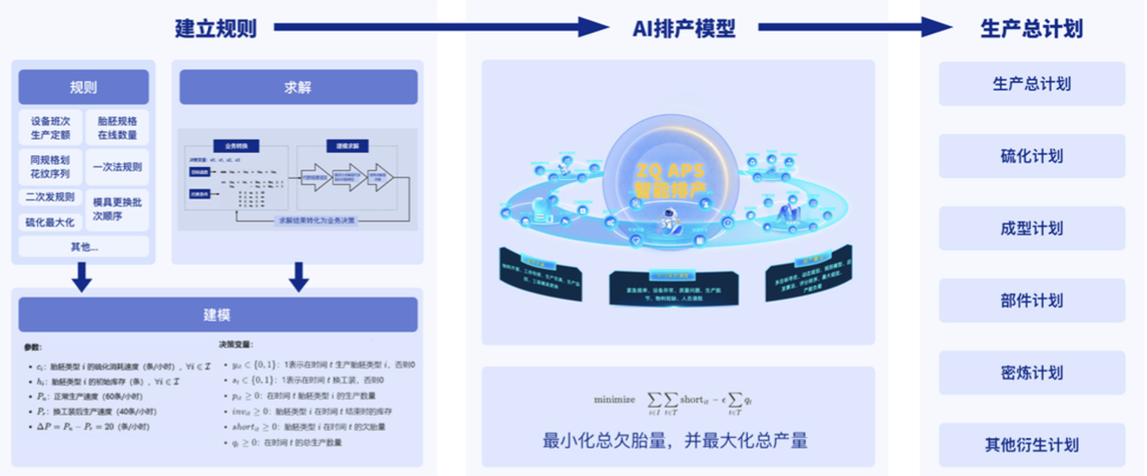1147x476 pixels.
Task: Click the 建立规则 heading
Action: pyautogui.click(x=215, y=28)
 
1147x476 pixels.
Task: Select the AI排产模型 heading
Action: pyautogui.click(x=684, y=28)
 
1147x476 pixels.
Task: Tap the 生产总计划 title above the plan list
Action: pyautogui.click(x=1031, y=28)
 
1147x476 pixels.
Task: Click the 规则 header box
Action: pyautogui.click(x=83, y=88)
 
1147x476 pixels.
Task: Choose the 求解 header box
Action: pyautogui.click(x=298, y=88)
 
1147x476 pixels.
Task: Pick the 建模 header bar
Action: pyautogui.click(x=217, y=314)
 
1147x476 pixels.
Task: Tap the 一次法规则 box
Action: pyautogui.click(x=117, y=167)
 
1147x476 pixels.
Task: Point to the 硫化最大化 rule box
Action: pyautogui.click(x=51, y=222)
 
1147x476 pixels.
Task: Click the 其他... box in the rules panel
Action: pyautogui.click(x=83, y=247)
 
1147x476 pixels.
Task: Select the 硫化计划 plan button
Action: pyautogui.click(x=1031, y=156)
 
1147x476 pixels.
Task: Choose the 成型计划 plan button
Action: pyautogui.click(x=1031, y=228)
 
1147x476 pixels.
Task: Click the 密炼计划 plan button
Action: pyautogui.click(x=1031, y=372)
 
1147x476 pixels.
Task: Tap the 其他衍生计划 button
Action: pyautogui.click(x=1031, y=444)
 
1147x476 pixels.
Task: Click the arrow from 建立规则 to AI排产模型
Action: pyautogui.click(x=439, y=28)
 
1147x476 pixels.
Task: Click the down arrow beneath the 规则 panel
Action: pyautogui.click(x=82, y=278)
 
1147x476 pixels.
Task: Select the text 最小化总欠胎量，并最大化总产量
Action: pyautogui.click(x=675, y=440)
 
